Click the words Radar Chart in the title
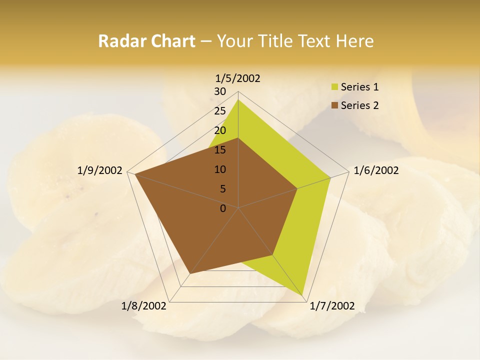pos(146,41)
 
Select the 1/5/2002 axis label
pos(238,78)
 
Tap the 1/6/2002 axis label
pos(376,170)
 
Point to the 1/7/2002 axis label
pos(332,306)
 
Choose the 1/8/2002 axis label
pos(144,306)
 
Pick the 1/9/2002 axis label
pos(100,170)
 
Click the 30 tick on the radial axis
pos(220,91)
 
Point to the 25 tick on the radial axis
pos(220,111)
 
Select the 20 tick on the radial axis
pos(220,130)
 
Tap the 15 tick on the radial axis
pos(220,150)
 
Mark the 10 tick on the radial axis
pos(220,169)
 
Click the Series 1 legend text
pos(359,87)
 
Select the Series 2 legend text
pos(359,105)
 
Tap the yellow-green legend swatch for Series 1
pos(334,87)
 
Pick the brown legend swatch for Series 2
pos(334,105)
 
